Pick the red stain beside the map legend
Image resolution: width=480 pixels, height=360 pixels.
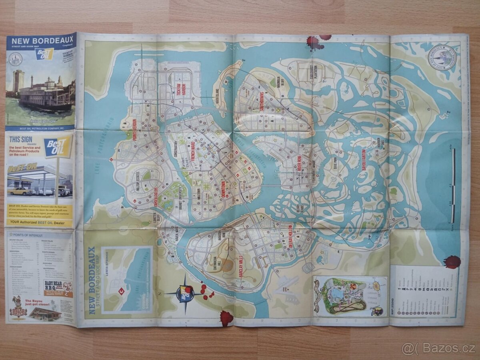452,262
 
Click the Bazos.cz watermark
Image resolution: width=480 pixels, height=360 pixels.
439,349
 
